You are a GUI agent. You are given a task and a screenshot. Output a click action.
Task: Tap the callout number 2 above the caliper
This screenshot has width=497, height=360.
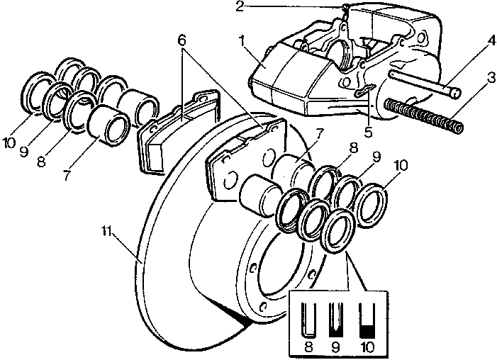pyautogui.click(x=240, y=7)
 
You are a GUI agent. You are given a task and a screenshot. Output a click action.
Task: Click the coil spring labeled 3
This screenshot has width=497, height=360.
pyautogui.click(x=424, y=116)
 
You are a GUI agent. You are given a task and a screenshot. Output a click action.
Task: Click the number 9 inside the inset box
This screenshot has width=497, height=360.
pyautogui.click(x=337, y=347)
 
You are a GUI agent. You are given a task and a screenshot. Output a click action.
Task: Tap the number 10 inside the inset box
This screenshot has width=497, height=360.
pyautogui.click(x=366, y=347)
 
